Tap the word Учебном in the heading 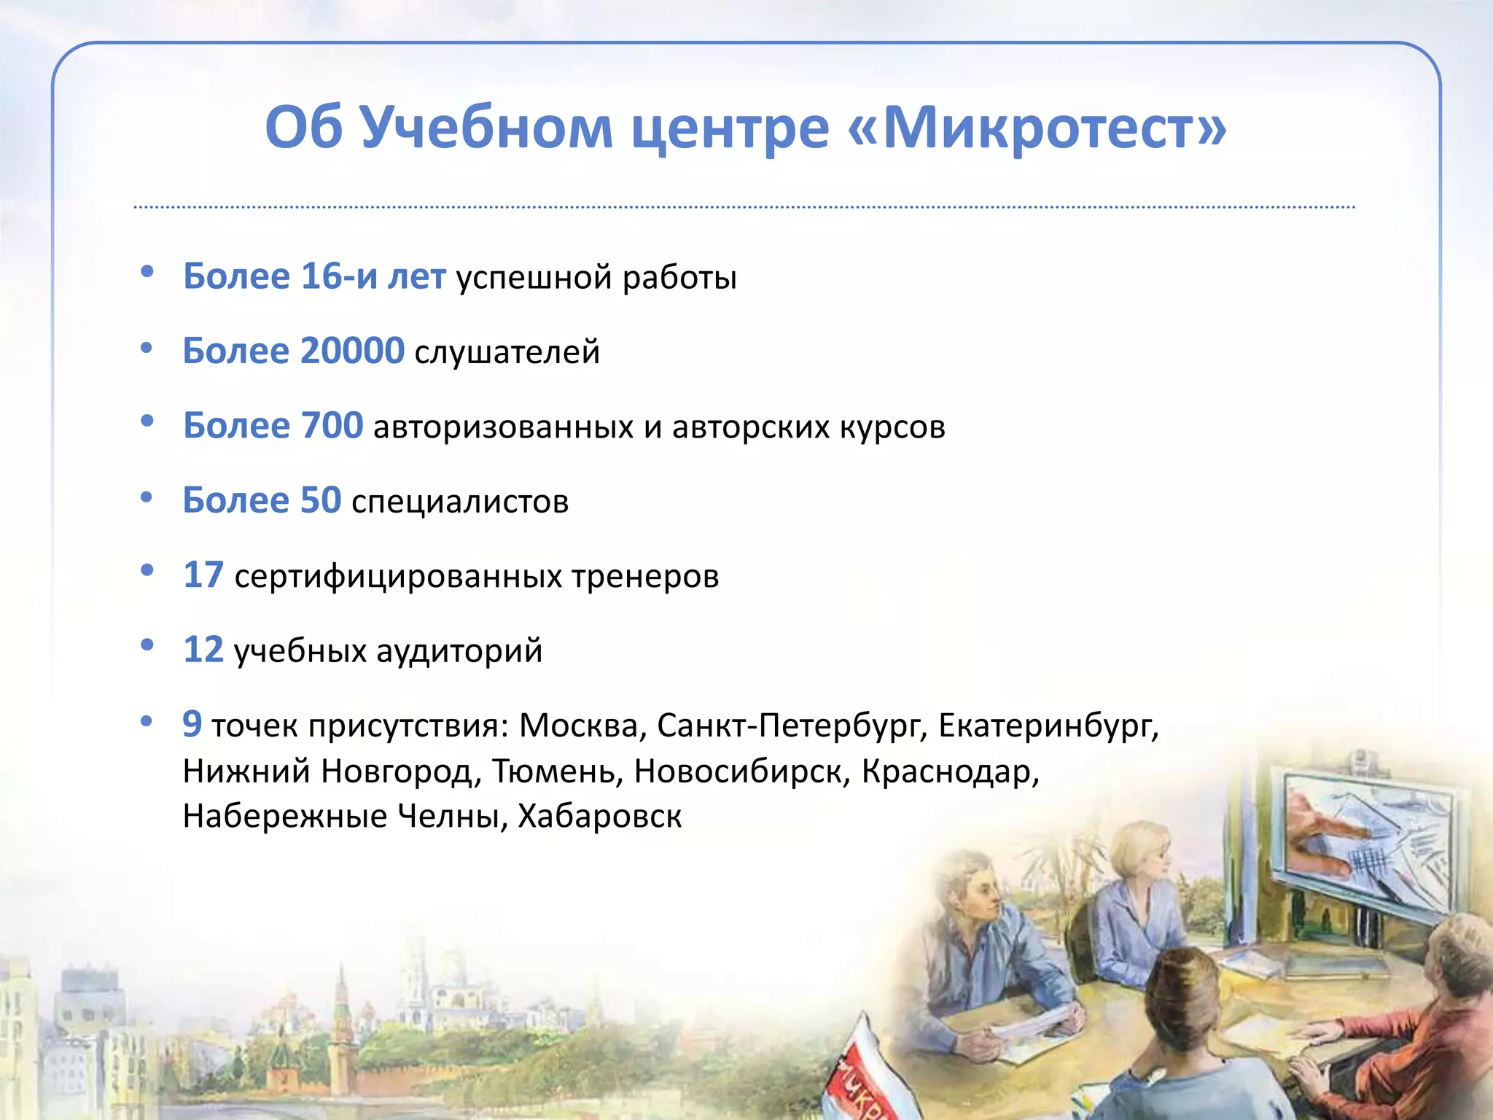pyautogui.click(x=486, y=128)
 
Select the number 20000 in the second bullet pyautogui.click(x=352, y=351)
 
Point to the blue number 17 pyautogui.click(x=203, y=575)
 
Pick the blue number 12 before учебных pyautogui.click(x=203, y=650)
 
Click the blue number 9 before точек pyautogui.click(x=192, y=724)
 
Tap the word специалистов pyautogui.click(x=459, y=502)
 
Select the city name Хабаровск pyautogui.click(x=599, y=817)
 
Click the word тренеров pyautogui.click(x=644, y=576)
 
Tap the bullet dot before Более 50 pyautogui.click(x=147, y=498)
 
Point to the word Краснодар pyautogui.click(x=949, y=771)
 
